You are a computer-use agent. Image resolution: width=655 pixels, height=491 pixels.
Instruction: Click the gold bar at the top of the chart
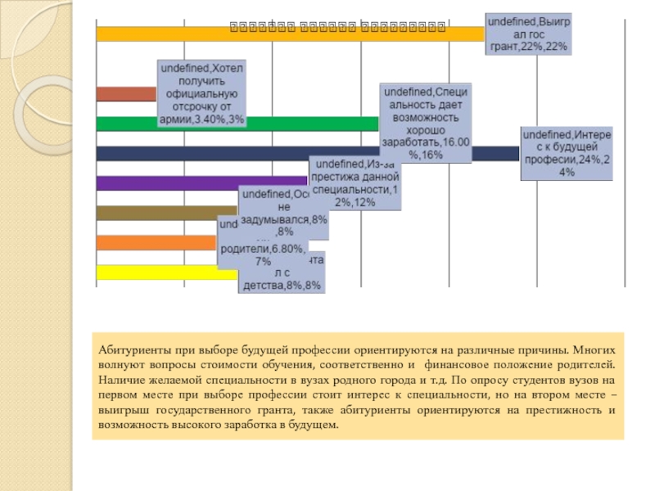point(287,34)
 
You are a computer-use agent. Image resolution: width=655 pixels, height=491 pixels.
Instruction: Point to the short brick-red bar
point(125,93)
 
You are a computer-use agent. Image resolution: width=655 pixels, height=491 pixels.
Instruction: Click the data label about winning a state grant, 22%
point(529,34)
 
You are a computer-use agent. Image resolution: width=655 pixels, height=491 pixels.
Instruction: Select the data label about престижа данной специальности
point(355,182)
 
